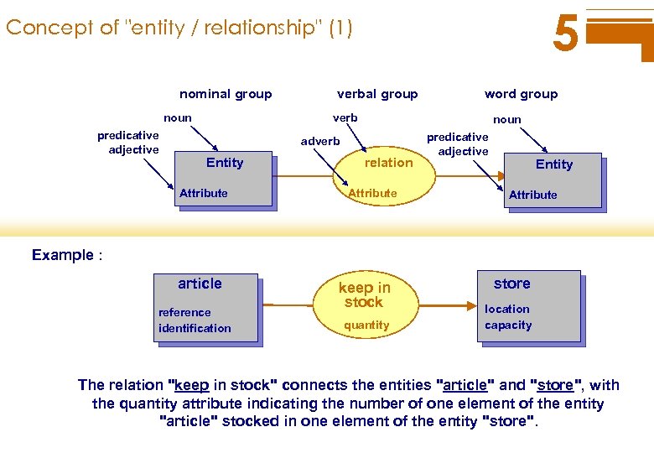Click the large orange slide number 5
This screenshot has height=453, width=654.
click(x=566, y=35)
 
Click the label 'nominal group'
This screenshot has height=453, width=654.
click(x=226, y=94)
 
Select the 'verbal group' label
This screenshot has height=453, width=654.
click(x=377, y=94)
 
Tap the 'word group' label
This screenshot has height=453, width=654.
click(x=521, y=94)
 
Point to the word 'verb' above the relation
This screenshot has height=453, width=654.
click(x=345, y=117)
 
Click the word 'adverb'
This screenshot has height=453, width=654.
click(x=320, y=141)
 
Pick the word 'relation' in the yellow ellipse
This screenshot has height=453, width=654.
click(x=388, y=163)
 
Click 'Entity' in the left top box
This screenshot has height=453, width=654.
click(x=225, y=163)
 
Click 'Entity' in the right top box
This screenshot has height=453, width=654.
click(x=554, y=164)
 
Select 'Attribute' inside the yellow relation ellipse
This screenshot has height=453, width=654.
click(x=372, y=193)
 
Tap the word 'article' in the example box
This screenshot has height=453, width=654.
click(x=200, y=284)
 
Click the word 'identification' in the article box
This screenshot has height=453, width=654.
click(x=195, y=328)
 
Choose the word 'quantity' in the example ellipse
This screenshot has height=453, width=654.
click(x=366, y=325)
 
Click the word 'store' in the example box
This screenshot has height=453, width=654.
click(x=511, y=284)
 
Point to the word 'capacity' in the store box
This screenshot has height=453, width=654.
click(x=508, y=325)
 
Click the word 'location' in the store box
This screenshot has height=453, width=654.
click(x=507, y=309)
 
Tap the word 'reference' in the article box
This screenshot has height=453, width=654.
click(x=184, y=312)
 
